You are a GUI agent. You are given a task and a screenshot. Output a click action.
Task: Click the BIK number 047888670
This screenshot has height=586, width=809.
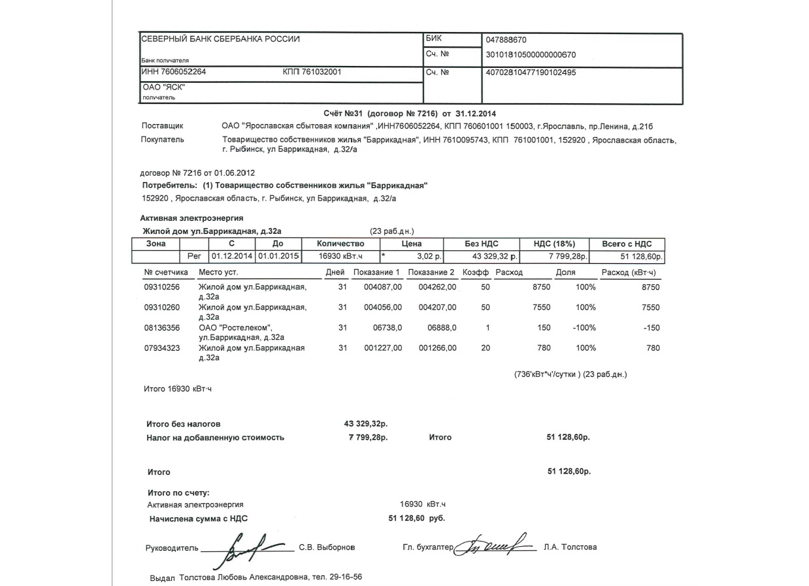[506, 40]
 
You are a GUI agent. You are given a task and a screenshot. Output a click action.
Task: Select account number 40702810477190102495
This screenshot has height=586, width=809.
[530, 73]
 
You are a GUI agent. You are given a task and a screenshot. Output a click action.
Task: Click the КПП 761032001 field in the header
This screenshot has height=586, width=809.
[312, 73]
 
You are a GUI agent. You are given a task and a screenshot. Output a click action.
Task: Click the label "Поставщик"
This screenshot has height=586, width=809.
[162, 125]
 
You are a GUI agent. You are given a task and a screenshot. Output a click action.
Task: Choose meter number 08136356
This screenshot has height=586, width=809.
[161, 328]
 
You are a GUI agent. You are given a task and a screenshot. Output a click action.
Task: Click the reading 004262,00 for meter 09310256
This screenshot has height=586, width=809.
[437, 287]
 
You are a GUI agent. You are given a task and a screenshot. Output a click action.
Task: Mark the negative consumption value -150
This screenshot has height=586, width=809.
[652, 328]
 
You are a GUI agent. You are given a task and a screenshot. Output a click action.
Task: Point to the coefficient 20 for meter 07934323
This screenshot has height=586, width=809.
[486, 348]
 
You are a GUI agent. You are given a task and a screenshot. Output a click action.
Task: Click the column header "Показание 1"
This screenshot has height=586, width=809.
[376, 272]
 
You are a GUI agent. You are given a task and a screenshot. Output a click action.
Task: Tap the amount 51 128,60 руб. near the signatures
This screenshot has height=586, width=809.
[416, 519]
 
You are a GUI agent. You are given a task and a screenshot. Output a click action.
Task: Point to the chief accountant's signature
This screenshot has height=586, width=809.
[494, 544]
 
